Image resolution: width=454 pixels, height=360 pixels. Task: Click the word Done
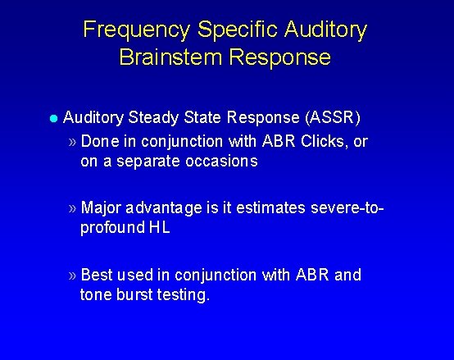click(x=99, y=141)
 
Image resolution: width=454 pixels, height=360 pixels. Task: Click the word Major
click(x=102, y=208)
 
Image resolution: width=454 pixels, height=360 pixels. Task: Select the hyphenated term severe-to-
click(x=347, y=208)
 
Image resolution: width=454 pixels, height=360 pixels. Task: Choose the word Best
click(x=98, y=275)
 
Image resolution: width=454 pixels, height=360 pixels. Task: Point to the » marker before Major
click(x=73, y=208)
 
